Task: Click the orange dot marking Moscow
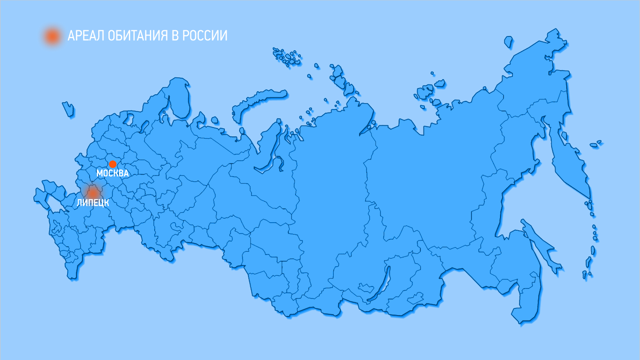click(x=112, y=164)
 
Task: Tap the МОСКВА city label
click(x=112, y=173)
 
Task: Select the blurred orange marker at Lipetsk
click(x=93, y=193)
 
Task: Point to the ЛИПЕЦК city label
click(x=93, y=203)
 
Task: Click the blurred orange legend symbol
click(x=52, y=36)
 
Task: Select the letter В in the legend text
click(x=175, y=36)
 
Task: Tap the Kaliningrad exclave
click(x=68, y=109)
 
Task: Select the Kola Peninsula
click(x=178, y=96)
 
